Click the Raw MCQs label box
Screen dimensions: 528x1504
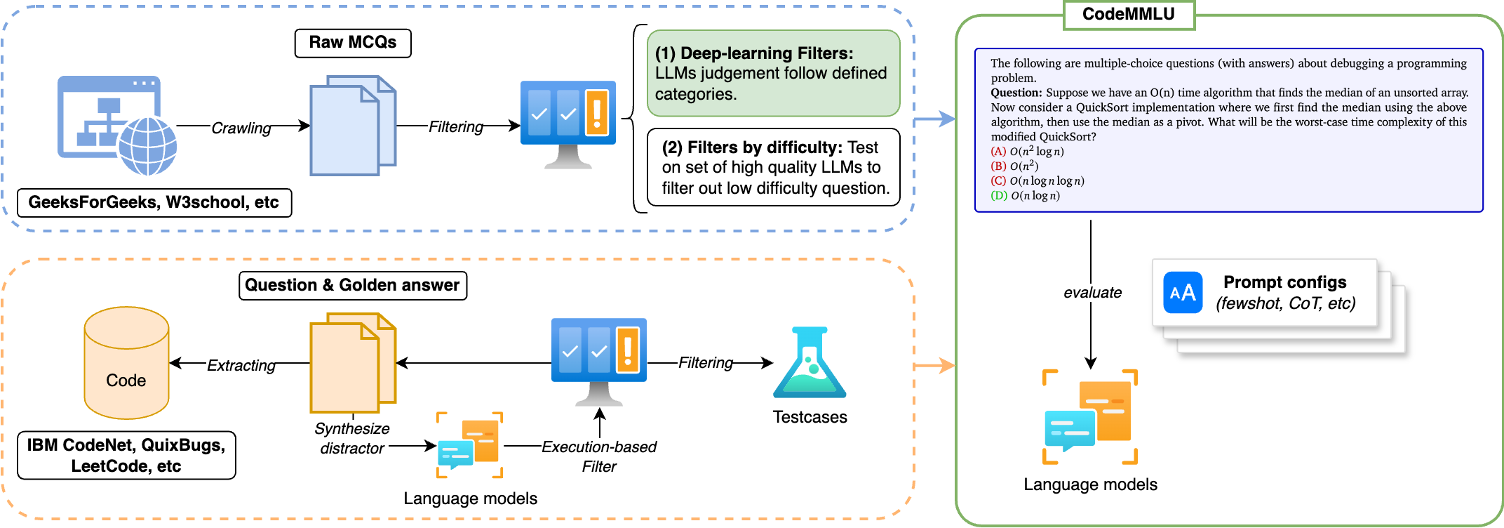click(353, 43)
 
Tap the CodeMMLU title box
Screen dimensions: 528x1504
click(1129, 15)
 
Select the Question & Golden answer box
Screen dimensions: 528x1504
click(352, 286)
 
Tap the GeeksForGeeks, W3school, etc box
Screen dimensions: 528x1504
click(154, 203)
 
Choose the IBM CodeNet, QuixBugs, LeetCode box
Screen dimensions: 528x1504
click(126, 456)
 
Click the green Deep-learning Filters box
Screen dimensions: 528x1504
click(773, 74)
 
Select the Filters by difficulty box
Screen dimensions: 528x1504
click(773, 168)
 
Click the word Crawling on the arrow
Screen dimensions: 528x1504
click(241, 128)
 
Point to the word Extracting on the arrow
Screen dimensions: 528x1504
click(241, 365)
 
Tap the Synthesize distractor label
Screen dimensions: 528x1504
click(352, 438)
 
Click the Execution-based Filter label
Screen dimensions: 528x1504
click(599, 456)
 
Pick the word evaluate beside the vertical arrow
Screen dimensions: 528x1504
click(1092, 293)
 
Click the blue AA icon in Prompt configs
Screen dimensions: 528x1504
click(1183, 293)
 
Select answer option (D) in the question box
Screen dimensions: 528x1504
click(1025, 196)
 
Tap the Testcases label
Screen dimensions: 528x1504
click(810, 417)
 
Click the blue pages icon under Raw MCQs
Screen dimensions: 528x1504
click(353, 126)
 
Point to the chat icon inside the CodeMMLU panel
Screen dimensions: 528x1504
click(1090, 417)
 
